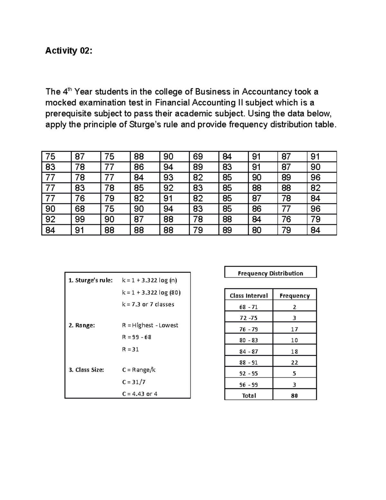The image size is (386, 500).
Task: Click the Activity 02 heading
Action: (69, 51)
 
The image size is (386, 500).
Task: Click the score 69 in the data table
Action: (198, 157)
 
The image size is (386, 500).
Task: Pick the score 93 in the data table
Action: (168, 178)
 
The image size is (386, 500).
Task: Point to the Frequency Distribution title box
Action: (270, 273)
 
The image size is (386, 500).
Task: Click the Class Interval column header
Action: (249, 296)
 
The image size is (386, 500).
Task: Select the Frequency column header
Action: (294, 296)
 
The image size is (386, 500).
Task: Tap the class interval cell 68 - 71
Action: (249, 307)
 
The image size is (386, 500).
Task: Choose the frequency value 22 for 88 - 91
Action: (294, 362)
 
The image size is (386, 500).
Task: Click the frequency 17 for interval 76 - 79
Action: (294, 329)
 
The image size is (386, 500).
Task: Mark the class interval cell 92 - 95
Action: (249, 373)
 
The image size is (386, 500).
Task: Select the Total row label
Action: (249, 395)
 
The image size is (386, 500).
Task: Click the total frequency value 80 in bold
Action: (294, 395)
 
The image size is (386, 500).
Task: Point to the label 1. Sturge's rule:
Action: (91, 280)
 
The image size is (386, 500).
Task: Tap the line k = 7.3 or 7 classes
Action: (148, 304)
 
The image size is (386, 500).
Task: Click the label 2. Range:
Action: (82, 325)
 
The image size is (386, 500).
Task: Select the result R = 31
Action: (130, 349)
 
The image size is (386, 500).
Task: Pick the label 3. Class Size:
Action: (86, 370)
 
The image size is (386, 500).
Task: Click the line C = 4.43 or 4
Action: (140, 394)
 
